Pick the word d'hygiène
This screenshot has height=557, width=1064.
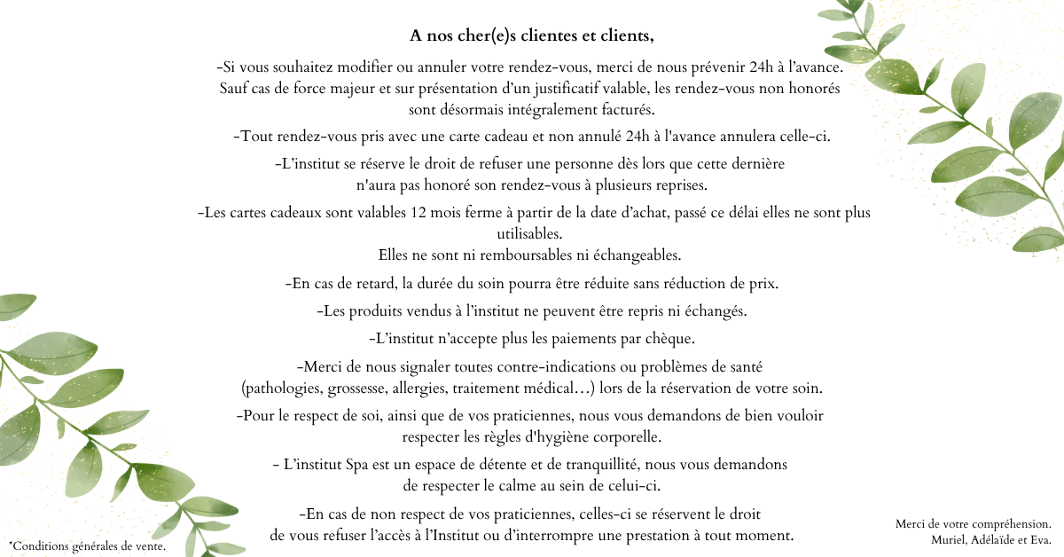(x=564, y=437)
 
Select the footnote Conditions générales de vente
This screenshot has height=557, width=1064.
(x=87, y=545)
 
